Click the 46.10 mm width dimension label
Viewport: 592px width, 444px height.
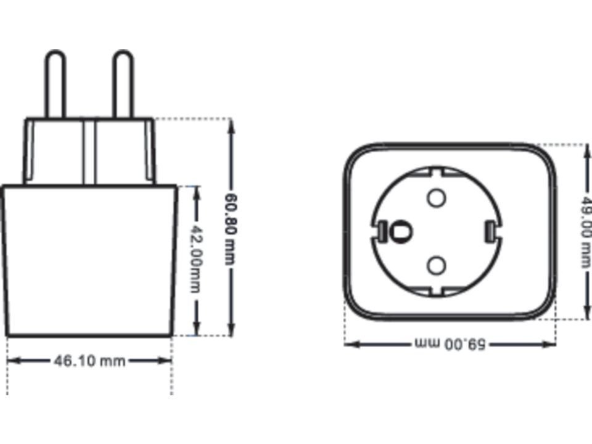point(89,361)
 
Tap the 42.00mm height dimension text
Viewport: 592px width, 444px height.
point(195,259)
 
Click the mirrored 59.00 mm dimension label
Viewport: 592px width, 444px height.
point(450,344)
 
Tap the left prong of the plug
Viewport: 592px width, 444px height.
point(55,84)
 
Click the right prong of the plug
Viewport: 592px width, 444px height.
point(123,84)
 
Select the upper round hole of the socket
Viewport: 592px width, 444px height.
point(436,197)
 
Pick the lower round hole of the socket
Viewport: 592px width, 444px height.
point(436,265)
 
